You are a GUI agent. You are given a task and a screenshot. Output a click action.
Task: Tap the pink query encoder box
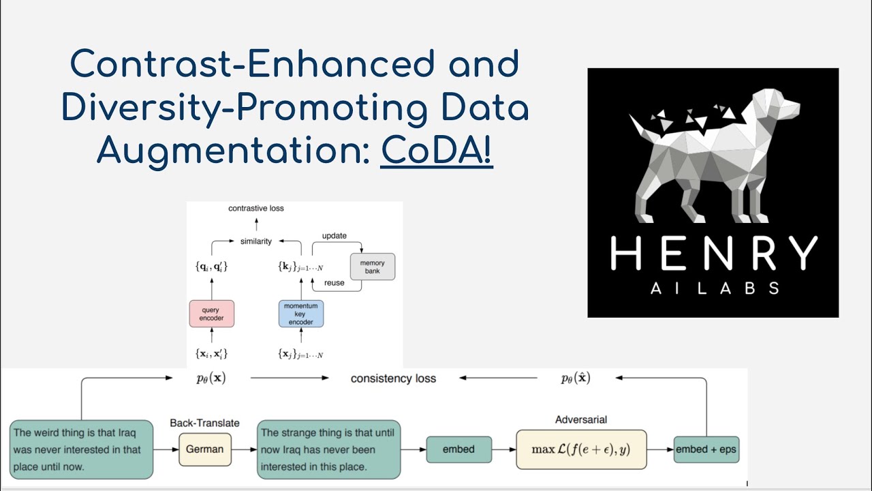211,314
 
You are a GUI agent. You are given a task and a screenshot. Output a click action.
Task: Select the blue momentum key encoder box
300,314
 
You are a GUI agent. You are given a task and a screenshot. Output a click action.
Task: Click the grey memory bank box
372,267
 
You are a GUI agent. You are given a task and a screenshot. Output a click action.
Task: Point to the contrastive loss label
256,208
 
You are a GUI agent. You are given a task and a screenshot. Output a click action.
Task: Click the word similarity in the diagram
255,241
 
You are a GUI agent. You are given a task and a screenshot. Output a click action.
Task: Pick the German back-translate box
205,449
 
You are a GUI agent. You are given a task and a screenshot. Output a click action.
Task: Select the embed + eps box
706,449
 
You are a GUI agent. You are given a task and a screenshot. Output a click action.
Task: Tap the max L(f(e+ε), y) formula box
581,449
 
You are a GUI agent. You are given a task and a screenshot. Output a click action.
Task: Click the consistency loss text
393,378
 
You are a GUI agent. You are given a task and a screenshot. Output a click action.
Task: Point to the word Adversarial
581,420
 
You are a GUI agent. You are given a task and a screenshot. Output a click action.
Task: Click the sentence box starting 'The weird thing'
82,449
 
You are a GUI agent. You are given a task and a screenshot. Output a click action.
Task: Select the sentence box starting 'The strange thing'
328,449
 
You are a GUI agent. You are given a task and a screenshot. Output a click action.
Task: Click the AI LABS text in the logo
713,288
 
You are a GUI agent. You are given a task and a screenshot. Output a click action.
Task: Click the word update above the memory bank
334,236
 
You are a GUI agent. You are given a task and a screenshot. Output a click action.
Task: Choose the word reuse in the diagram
334,283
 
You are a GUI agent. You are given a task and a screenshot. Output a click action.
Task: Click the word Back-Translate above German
204,423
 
